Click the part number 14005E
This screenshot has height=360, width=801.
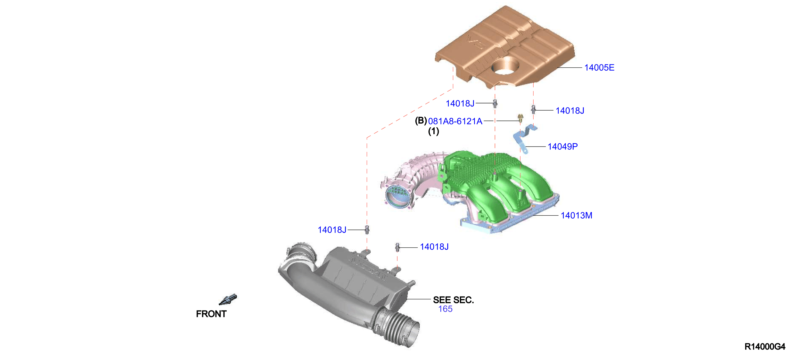tap(599, 67)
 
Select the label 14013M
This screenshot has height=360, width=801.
tap(576, 215)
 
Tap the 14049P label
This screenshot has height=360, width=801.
tap(562, 147)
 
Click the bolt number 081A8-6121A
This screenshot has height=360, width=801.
tap(455, 121)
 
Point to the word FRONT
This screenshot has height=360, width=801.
tap(211, 314)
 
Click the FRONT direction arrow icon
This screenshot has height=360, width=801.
tap(228, 300)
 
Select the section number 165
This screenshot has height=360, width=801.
tap(445, 309)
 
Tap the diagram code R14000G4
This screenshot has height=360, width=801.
tap(765, 346)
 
